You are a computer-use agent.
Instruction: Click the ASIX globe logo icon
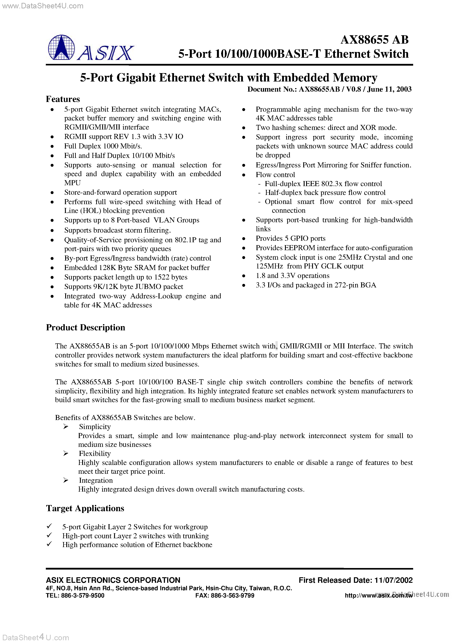click(61, 47)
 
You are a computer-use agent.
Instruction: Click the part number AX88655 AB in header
click(374, 40)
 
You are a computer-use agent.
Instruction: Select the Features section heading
click(63, 99)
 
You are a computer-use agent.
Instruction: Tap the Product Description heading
click(85, 327)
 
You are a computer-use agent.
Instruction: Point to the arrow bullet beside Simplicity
click(66, 427)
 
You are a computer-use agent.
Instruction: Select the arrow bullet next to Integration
click(66, 481)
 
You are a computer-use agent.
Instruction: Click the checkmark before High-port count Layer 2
click(49, 535)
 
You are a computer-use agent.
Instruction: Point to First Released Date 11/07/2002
click(355, 580)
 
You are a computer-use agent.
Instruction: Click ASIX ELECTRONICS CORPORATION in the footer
click(113, 580)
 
